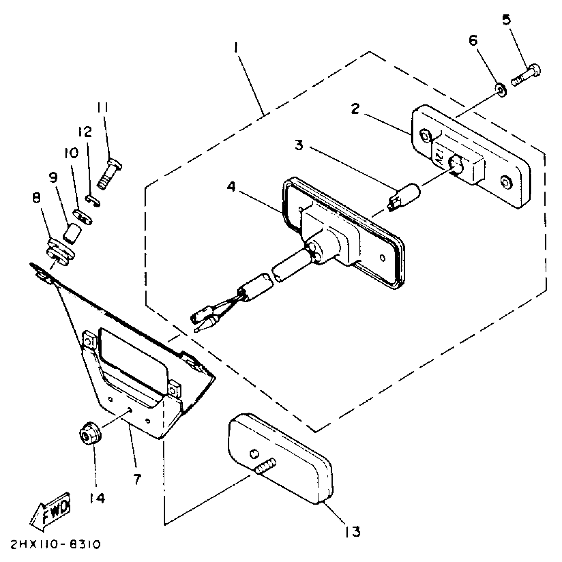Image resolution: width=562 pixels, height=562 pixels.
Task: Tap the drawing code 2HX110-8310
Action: tap(55, 545)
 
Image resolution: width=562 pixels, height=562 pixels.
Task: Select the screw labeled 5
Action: tap(527, 76)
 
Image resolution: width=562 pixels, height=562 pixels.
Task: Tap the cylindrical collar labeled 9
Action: tap(73, 233)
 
